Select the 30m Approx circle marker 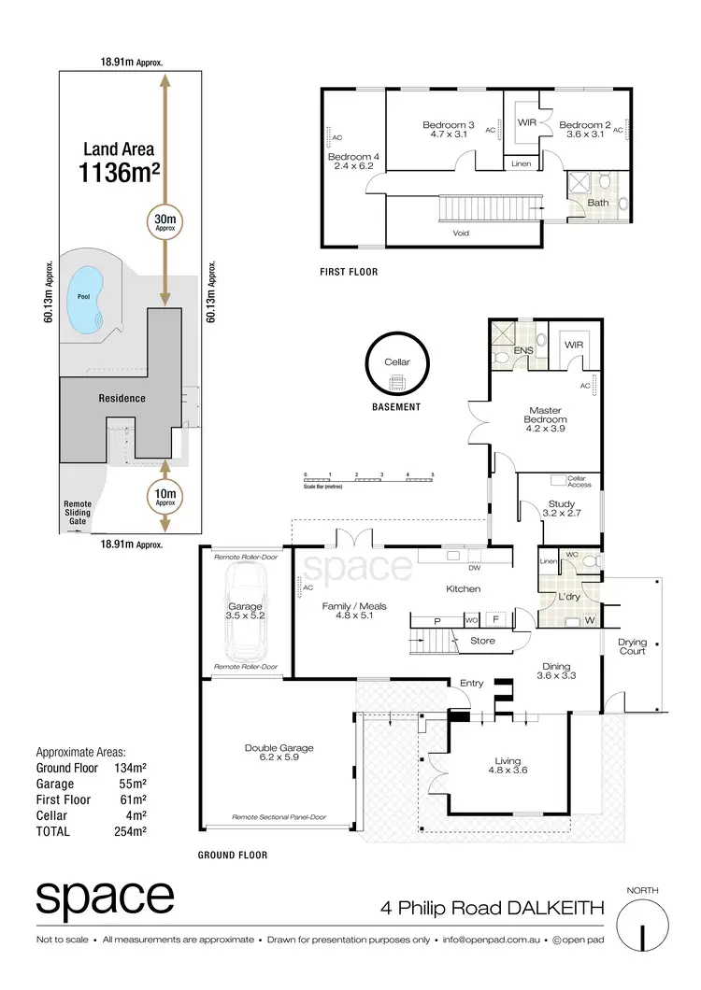pyautogui.click(x=165, y=221)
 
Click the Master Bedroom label pyautogui.click(x=547, y=415)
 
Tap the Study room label pyautogui.click(x=562, y=508)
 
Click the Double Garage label pyautogui.click(x=279, y=753)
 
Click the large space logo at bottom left pyautogui.click(x=105, y=899)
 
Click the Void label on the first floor pyautogui.click(x=461, y=233)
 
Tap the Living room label pyautogui.click(x=508, y=766)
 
